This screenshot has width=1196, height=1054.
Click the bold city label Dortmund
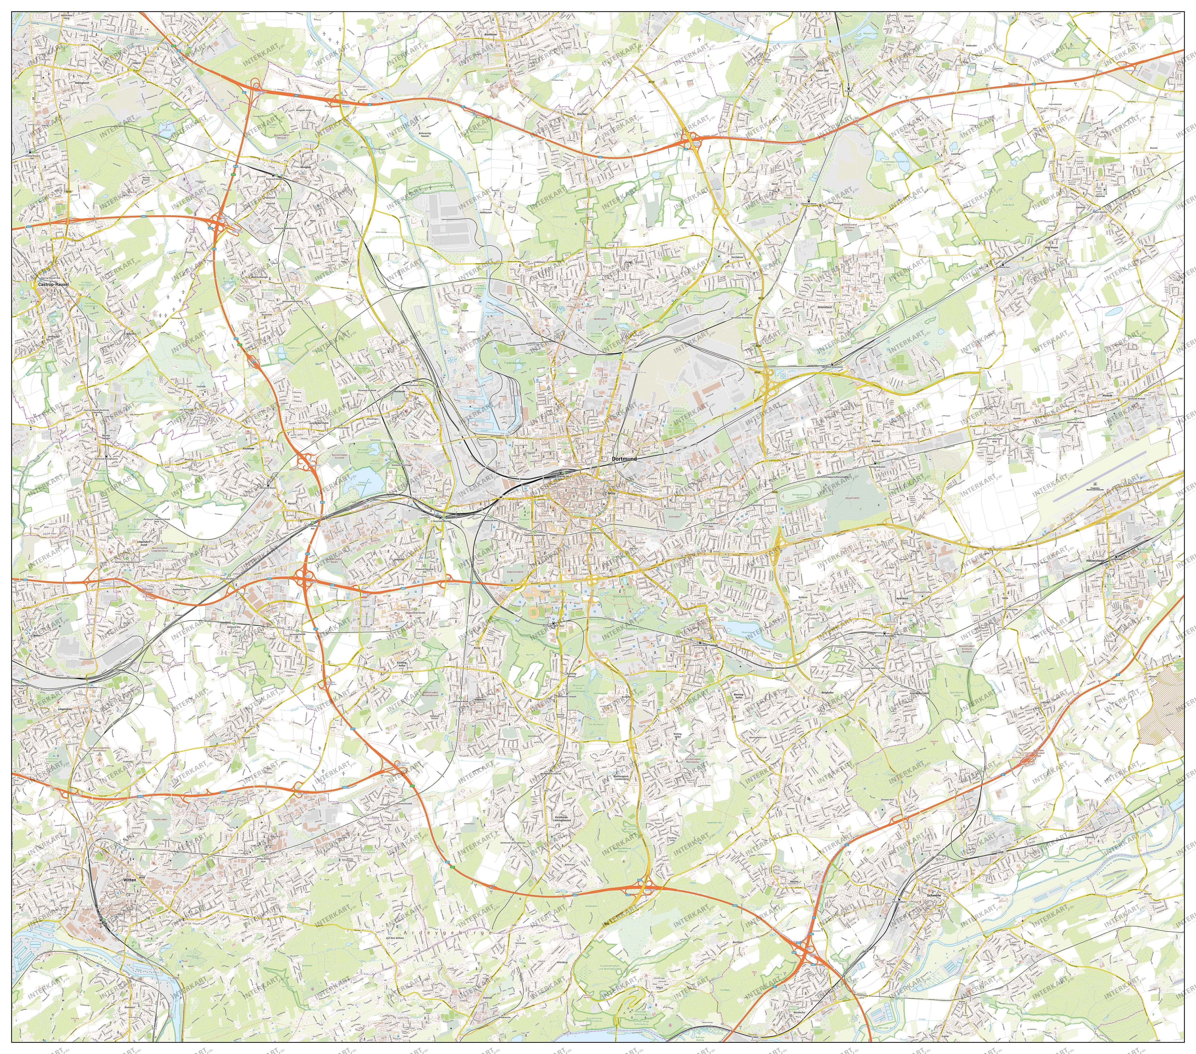[x=624, y=459]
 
